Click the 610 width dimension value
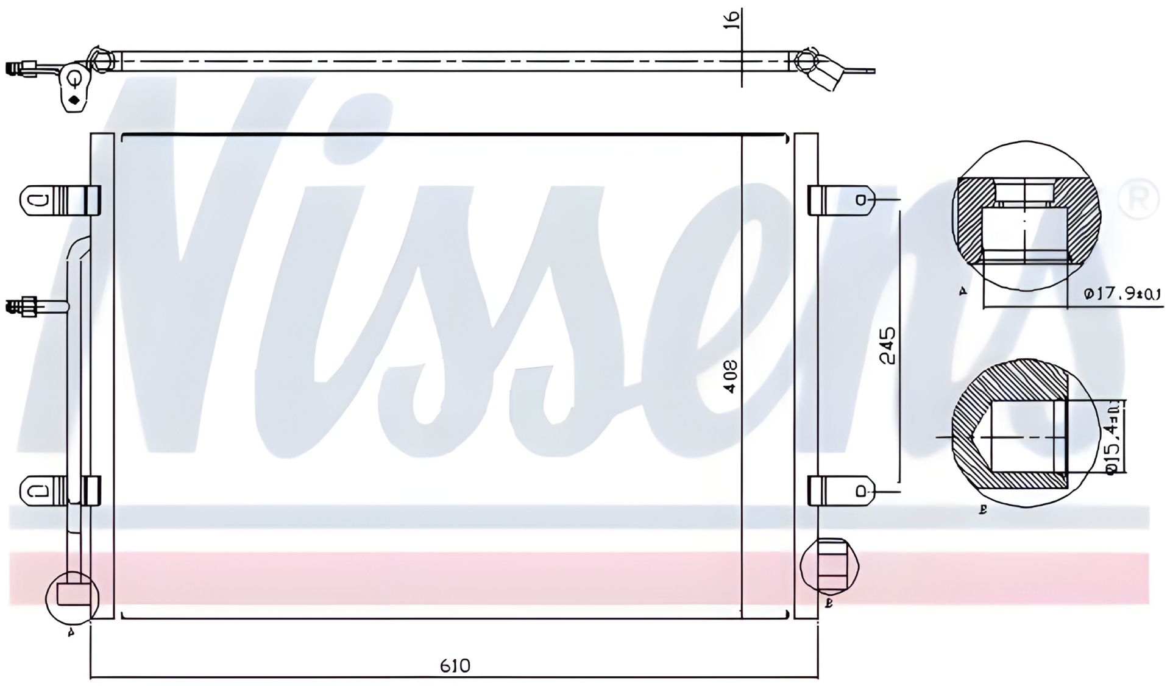pos(455,666)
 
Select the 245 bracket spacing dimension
pos(888,345)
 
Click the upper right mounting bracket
pos(842,200)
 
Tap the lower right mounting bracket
pos(842,491)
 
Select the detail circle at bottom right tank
pos(832,566)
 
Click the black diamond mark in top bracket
pos(74,101)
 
